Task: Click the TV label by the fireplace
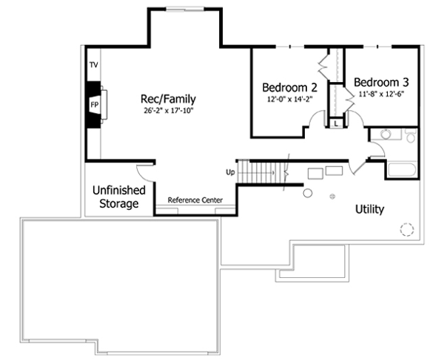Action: [94, 65]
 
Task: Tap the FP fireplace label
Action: [94, 105]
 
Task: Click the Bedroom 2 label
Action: [285, 85]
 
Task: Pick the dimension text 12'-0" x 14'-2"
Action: [285, 98]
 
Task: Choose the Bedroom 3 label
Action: [381, 82]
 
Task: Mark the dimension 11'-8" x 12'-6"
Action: [381, 95]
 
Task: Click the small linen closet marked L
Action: [337, 124]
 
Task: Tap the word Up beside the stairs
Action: [230, 172]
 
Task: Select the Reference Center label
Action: [195, 200]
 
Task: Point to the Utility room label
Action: [369, 209]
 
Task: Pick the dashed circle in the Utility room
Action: [406, 229]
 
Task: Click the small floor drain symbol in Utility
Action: [332, 196]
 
